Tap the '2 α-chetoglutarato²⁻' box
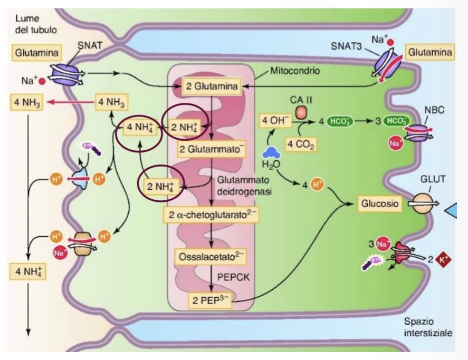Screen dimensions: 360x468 tap(210, 215)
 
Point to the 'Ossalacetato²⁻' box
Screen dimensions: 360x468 tap(209, 256)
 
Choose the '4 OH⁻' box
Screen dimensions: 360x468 tap(274, 121)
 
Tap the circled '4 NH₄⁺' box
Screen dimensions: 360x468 tap(140, 127)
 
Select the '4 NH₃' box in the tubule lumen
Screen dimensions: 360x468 tap(25, 102)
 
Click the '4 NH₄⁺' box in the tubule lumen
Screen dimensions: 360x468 tap(25, 271)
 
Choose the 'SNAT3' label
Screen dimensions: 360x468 tap(344, 46)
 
